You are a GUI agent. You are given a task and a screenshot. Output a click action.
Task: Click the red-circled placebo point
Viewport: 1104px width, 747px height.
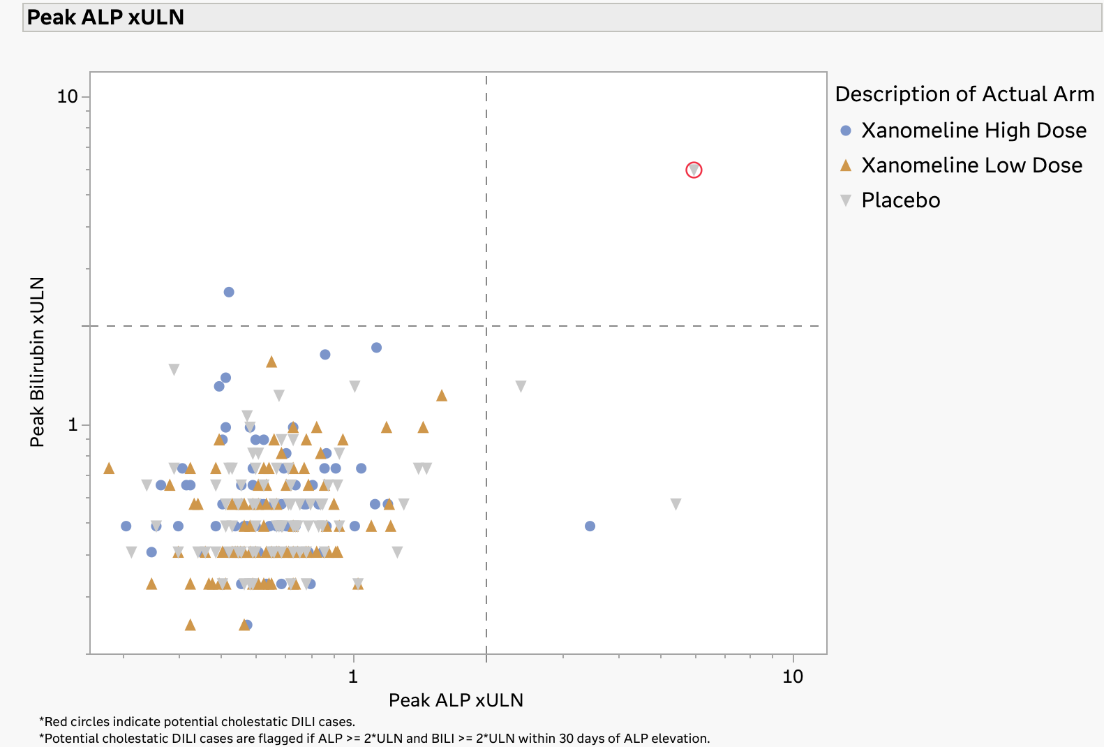[694, 170]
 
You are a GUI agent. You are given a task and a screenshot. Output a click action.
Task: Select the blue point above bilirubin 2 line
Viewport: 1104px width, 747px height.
[229, 292]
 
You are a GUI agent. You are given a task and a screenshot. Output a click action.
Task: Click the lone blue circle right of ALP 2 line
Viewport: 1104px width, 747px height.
[590, 526]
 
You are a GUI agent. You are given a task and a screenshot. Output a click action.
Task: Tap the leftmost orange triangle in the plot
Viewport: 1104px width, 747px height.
[109, 468]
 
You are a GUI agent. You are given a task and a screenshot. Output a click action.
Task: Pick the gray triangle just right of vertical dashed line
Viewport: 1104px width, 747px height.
[521, 386]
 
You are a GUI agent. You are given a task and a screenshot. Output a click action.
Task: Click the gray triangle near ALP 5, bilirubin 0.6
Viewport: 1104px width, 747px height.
[676, 503]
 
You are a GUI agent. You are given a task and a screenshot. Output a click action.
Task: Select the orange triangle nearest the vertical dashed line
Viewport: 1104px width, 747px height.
[441, 396]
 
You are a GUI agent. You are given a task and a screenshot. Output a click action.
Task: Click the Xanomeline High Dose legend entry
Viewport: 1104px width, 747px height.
[973, 131]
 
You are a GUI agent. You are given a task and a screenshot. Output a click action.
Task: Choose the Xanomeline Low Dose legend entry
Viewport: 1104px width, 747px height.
[971, 165]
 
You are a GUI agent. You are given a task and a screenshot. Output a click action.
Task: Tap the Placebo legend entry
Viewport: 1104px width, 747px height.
[900, 200]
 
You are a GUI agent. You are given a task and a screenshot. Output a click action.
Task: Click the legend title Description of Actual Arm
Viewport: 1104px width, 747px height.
[964, 94]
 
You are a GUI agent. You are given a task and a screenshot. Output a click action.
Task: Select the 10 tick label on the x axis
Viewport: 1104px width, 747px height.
[793, 676]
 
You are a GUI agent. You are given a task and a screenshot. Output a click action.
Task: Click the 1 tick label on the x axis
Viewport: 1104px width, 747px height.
[353, 676]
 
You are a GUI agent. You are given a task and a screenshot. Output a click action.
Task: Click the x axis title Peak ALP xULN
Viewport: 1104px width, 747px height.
[456, 700]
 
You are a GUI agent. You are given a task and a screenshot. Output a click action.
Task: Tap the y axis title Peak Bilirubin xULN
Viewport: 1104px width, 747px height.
[37, 362]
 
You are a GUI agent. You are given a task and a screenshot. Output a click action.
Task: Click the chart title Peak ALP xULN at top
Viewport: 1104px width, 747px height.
[105, 17]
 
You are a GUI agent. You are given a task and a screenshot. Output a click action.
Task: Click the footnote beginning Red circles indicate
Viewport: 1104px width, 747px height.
[197, 722]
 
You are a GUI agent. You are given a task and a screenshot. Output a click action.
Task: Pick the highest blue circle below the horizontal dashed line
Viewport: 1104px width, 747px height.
[376, 348]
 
